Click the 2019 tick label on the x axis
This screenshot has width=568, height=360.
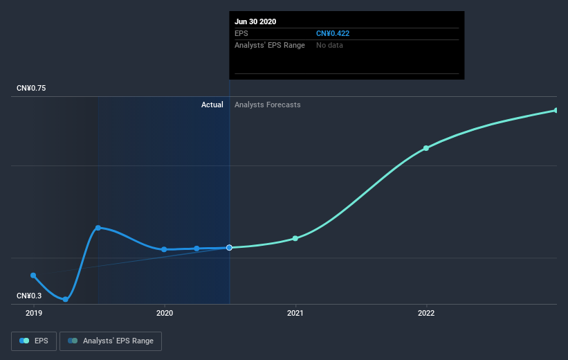[x=33, y=313]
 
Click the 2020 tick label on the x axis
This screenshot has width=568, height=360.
[x=165, y=313]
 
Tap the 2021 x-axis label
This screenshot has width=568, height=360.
[x=295, y=313]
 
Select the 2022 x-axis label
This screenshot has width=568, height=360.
[x=426, y=313]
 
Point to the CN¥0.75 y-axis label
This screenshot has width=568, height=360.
[x=32, y=88]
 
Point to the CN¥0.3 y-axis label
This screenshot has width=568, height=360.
[x=30, y=296]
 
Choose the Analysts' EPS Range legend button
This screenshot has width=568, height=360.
[x=111, y=341]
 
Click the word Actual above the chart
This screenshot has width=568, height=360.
[x=212, y=105]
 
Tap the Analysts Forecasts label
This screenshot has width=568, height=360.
[x=268, y=105]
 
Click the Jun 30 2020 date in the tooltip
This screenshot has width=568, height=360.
[x=255, y=21]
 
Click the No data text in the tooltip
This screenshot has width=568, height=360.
[x=329, y=45]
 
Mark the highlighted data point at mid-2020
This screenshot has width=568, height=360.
[x=229, y=247]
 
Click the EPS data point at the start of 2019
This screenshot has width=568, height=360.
[x=33, y=275]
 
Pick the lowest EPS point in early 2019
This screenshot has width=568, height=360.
[x=66, y=299]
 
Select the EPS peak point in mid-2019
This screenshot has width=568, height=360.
[x=98, y=228]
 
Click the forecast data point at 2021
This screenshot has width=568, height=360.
[x=295, y=238]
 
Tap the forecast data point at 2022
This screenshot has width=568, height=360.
[x=426, y=148]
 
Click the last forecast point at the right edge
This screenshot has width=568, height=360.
[x=556, y=110]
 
